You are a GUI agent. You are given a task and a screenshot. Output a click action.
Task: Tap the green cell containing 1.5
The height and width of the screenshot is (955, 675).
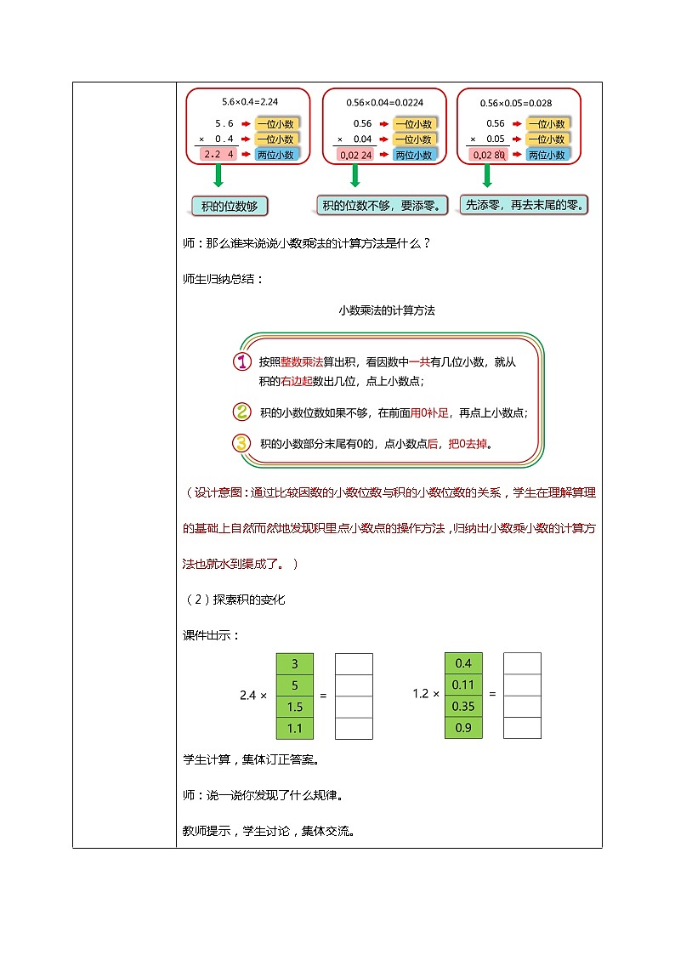click(294, 707)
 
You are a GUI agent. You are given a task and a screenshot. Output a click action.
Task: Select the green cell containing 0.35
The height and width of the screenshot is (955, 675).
click(463, 706)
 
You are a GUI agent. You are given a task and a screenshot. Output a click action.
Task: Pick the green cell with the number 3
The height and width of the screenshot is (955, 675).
click(294, 663)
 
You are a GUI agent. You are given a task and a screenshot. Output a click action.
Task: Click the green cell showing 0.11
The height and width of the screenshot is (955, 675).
click(463, 685)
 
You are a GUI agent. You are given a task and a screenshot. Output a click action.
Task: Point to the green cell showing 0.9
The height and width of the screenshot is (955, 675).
click(463, 728)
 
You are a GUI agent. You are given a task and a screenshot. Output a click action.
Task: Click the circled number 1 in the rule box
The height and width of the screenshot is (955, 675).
click(242, 361)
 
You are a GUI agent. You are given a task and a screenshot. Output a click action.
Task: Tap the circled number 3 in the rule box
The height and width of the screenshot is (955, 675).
click(242, 443)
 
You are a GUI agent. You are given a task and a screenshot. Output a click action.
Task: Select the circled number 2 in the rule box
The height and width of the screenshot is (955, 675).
click(242, 412)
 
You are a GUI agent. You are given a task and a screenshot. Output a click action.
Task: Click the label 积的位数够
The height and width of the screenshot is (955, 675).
click(230, 206)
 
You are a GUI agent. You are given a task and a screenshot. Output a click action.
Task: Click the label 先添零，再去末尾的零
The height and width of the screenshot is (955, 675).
click(524, 205)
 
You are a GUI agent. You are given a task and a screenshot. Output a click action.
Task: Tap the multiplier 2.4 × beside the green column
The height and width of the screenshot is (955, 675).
click(253, 696)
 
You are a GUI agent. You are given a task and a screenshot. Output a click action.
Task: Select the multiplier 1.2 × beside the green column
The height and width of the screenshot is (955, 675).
click(425, 694)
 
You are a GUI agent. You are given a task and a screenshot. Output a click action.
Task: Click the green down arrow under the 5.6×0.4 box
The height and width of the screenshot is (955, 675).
click(218, 176)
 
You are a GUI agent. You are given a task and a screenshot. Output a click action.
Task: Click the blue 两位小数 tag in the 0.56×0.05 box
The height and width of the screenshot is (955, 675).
click(547, 155)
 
